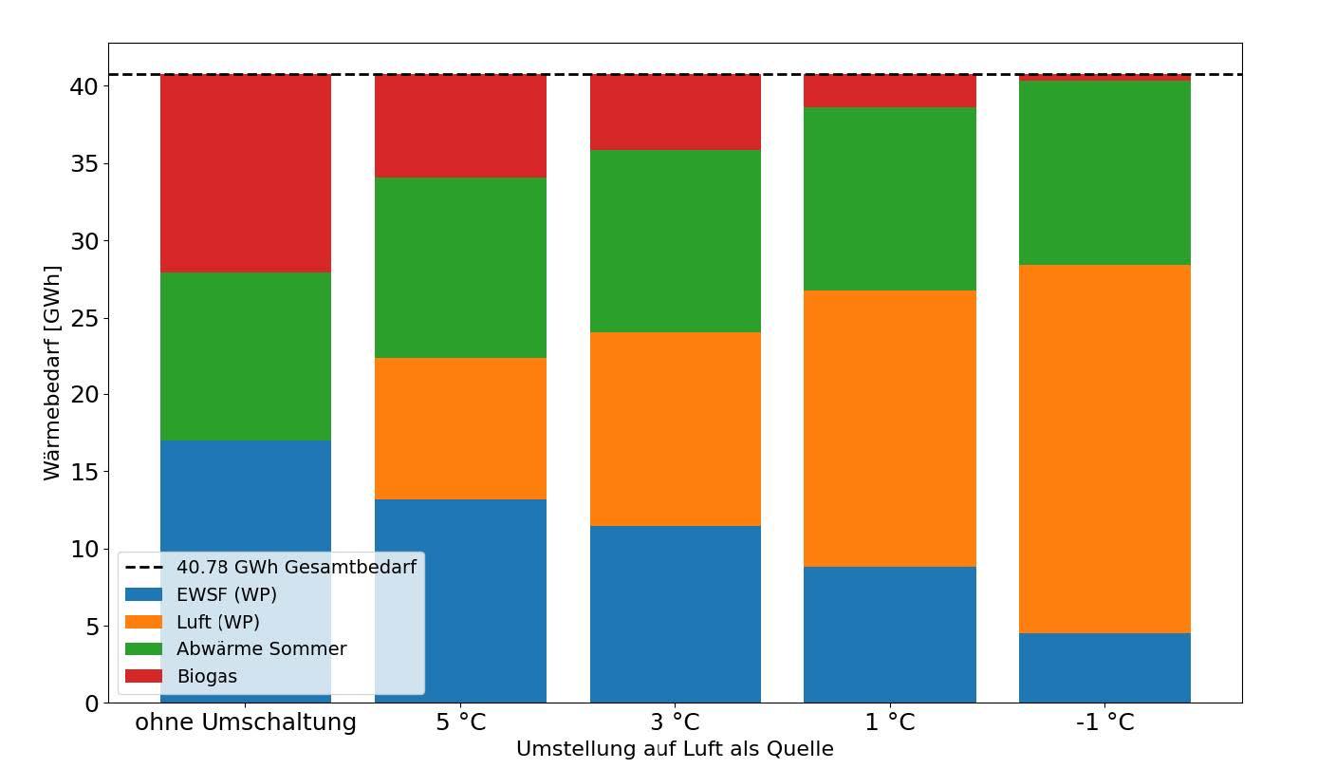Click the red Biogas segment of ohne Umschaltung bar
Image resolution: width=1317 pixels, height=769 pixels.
pos(246,173)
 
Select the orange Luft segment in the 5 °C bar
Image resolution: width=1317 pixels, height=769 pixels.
pos(460,428)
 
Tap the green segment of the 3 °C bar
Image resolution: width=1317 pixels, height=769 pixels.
pos(675,241)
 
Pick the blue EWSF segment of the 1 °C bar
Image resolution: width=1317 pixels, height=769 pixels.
pos(889,634)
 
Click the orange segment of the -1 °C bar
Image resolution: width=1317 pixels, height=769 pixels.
pos(1104,448)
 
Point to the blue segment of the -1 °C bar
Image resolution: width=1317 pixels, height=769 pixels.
pos(1104,667)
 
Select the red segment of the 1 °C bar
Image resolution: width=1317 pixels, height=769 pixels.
pos(889,90)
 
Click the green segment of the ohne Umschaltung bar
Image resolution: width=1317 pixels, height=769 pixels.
pos(246,356)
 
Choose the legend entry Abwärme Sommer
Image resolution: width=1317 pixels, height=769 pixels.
pos(261,649)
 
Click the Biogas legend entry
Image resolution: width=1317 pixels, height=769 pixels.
pos(206,677)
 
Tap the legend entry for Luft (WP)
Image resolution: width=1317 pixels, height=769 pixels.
pos(217,622)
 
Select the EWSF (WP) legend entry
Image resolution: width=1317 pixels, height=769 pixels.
pos(226,594)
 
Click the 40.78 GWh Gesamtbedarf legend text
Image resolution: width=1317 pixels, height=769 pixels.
pos(295,567)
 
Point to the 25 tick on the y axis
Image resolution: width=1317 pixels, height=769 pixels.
pos(84,318)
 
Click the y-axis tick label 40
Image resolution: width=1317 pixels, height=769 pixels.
pos(84,86)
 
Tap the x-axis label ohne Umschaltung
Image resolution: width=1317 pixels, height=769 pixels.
pos(246,722)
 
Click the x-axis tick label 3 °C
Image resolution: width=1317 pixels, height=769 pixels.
pos(675,722)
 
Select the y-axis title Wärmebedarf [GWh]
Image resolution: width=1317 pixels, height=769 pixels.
pos(52,372)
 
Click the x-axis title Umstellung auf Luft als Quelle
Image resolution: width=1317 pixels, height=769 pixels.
pos(675,749)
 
